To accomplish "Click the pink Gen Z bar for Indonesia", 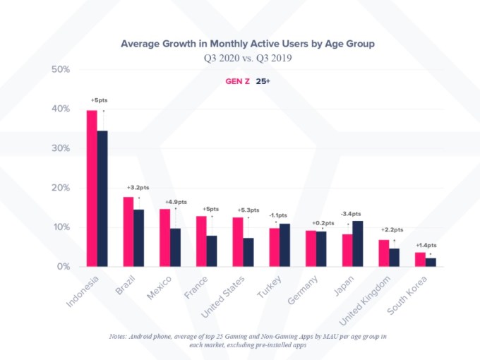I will (92, 188).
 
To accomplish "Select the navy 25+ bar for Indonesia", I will (102, 198).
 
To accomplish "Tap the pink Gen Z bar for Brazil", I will (128, 232).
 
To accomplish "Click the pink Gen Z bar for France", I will (201, 241).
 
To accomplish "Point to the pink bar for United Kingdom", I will (383, 253).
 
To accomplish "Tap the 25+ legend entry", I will (263, 82).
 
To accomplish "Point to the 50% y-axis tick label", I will (60, 69).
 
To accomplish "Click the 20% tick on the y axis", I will (60, 188).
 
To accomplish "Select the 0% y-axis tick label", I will (63, 267).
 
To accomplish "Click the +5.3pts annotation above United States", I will (248, 210).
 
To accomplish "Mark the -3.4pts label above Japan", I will (351, 213).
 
